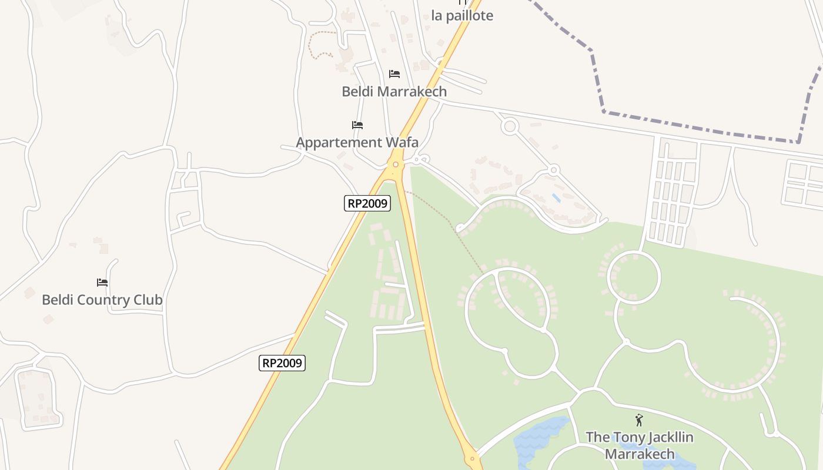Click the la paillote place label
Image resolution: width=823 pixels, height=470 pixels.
pyautogui.click(x=462, y=16)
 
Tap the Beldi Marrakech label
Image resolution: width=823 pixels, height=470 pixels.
pyautogui.click(x=394, y=92)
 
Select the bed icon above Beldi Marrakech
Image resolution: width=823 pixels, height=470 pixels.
pyautogui.click(x=394, y=74)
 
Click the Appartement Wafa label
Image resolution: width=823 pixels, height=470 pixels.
pyautogui.click(x=357, y=142)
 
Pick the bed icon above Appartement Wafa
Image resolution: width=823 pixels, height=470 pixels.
pyautogui.click(x=357, y=125)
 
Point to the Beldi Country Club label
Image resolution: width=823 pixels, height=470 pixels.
pyautogui.click(x=102, y=300)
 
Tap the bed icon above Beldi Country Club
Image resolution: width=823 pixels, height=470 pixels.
pyautogui.click(x=102, y=282)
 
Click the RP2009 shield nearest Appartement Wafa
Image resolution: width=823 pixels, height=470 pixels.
pyautogui.click(x=367, y=203)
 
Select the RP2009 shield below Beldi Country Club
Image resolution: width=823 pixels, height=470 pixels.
pyautogui.click(x=282, y=363)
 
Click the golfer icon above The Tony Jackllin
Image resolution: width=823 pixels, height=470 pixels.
pyautogui.click(x=639, y=420)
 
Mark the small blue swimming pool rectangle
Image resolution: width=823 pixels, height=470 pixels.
pyautogui.click(x=556, y=198)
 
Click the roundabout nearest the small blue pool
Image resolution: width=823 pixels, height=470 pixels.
pyautogui.click(x=553, y=170)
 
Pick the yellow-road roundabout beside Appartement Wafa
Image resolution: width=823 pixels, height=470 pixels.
pyautogui.click(x=396, y=164)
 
